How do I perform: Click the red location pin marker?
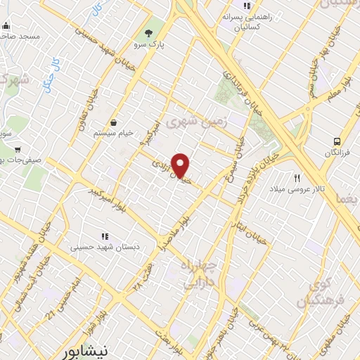pos(181,165)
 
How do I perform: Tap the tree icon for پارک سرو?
pos(148,33)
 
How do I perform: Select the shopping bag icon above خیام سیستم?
pos(114,122)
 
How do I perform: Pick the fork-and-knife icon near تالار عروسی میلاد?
pos(297,179)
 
